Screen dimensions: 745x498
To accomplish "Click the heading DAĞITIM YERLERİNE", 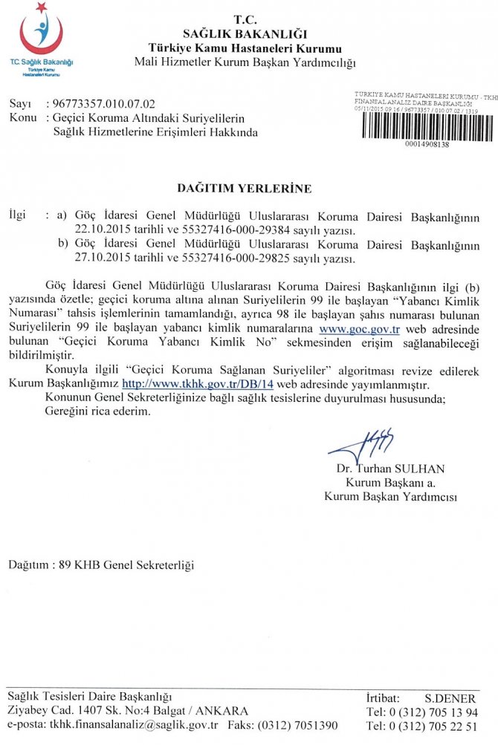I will click(x=244, y=189).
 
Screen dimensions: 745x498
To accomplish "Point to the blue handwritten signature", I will click(x=361, y=446).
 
